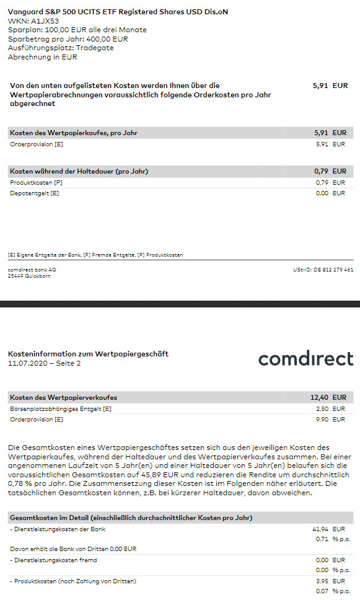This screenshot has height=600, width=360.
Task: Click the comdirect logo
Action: point(305,359)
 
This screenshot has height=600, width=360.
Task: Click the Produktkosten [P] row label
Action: point(36,183)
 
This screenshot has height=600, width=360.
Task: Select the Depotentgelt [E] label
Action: point(34,193)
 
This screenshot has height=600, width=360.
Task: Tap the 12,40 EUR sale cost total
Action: point(328,397)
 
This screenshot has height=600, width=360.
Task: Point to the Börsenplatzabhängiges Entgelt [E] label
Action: point(61,409)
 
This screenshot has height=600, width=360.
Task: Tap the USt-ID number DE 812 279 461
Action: point(323,270)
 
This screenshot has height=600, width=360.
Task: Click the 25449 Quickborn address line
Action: point(29,276)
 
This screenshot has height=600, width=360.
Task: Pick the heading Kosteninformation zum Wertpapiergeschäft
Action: point(88,354)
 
